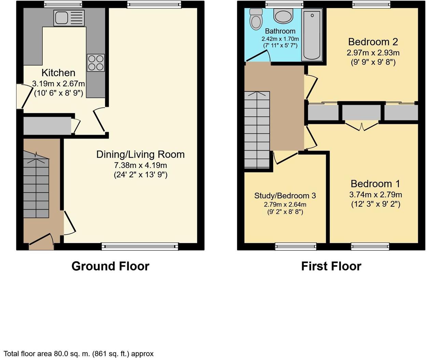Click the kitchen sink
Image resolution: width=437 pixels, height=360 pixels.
pos(69,18)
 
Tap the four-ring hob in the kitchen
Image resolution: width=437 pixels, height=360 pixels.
pos(96,63)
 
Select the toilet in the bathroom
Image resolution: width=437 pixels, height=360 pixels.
pos(256,19)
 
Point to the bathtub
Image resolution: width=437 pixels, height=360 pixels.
pos(312,35)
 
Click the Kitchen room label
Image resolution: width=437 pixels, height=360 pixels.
pos(58,73)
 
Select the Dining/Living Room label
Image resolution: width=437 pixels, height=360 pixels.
pos(140,155)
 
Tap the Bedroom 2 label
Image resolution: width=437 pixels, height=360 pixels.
pos(373,42)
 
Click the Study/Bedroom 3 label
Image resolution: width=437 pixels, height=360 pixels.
pos(285,196)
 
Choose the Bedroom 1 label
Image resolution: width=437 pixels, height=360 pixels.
pos(376,184)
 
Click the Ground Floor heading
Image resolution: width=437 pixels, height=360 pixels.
pos(111,266)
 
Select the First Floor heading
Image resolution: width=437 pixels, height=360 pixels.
pos(331,266)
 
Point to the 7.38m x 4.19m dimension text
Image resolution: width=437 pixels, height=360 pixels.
pos(140,165)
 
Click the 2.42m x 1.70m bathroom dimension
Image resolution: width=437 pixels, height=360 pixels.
pos(280,39)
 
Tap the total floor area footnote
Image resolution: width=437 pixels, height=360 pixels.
pos(79,354)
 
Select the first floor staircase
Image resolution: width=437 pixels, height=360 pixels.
pos(257,130)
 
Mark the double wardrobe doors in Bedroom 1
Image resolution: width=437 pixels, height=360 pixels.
pos(362,127)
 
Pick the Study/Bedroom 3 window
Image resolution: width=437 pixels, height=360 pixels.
pos(296,247)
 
